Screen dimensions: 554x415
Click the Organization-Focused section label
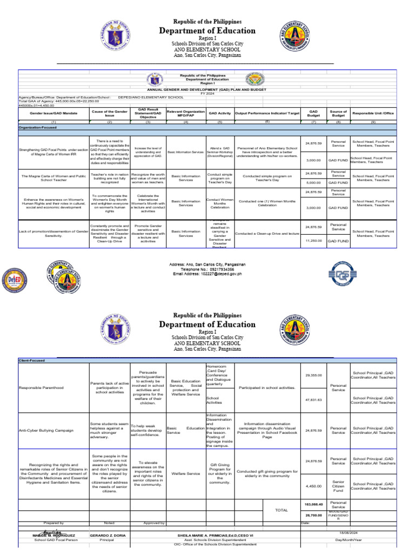point(38,127)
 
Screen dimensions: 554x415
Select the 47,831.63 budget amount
point(313,400)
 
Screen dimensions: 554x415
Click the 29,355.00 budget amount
point(313,375)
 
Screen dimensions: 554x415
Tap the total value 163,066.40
point(313,504)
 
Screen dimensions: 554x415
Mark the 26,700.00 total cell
point(313,515)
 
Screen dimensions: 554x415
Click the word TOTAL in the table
point(282,510)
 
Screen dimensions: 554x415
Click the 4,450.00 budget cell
point(313,486)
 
